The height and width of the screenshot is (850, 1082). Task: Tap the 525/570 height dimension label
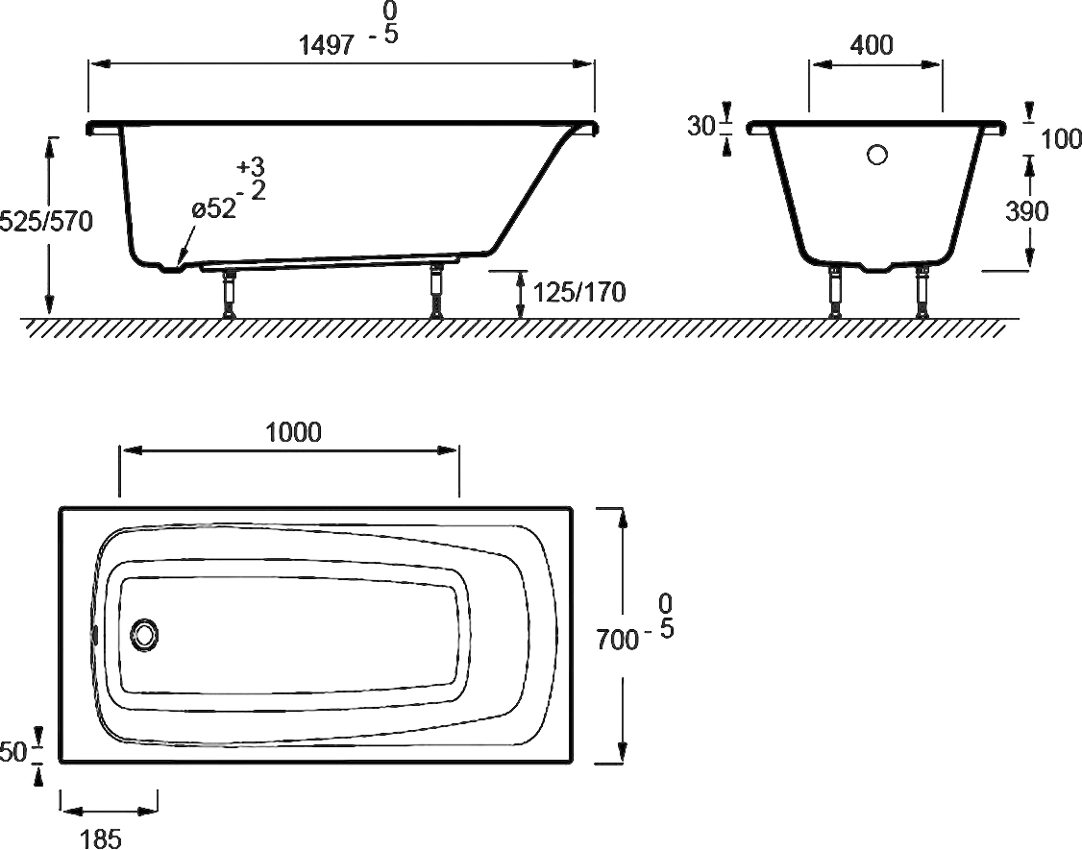click(46, 222)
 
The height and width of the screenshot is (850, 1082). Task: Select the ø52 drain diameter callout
click(214, 208)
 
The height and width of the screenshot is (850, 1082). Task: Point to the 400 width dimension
click(873, 45)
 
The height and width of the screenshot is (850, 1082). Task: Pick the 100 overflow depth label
click(1060, 139)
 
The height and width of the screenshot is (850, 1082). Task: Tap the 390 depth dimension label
click(1027, 211)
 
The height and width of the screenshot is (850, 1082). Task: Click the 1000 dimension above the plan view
click(293, 432)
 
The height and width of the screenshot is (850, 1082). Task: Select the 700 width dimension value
click(617, 639)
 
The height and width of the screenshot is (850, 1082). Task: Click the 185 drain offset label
click(101, 838)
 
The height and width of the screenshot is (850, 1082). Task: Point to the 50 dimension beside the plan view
click(12, 752)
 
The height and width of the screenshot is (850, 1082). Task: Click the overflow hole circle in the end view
click(877, 154)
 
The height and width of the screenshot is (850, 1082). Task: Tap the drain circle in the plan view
click(145, 635)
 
